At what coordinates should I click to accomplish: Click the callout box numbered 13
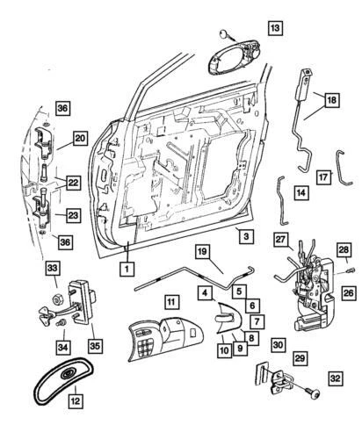pos(276,29)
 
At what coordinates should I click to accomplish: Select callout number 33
pos(53,269)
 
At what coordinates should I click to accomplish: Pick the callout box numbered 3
pos(246,237)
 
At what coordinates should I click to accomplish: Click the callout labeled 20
pos(79,138)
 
